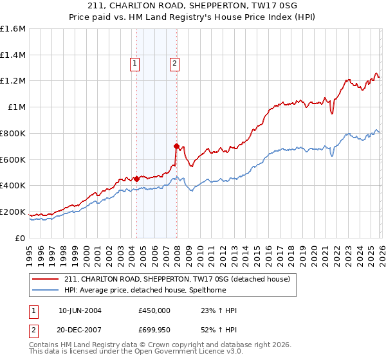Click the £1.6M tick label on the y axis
14,29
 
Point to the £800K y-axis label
12,133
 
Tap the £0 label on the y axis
21,238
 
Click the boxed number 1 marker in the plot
135,63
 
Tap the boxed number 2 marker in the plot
175,63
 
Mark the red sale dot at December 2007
176,146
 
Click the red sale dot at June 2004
136,179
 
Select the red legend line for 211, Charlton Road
46,279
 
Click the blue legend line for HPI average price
46,291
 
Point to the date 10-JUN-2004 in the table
80,310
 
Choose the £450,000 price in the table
154,310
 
